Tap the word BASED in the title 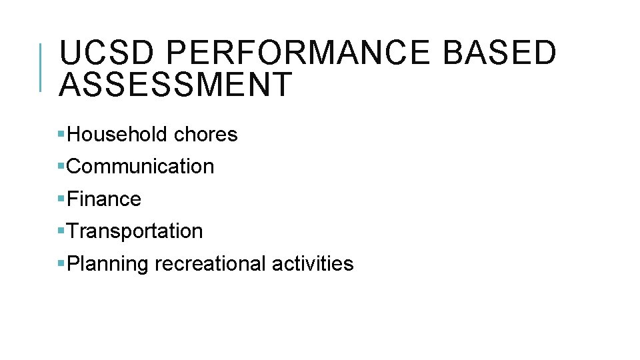click(499, 53)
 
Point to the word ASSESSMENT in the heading click(175, 85)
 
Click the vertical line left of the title click(41, 67)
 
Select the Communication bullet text click(141, 167)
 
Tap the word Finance click(105, 199)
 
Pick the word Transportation click(135, 231)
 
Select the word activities click(313, 264)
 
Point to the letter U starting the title click(70, 53)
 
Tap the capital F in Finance click(73, 199)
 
